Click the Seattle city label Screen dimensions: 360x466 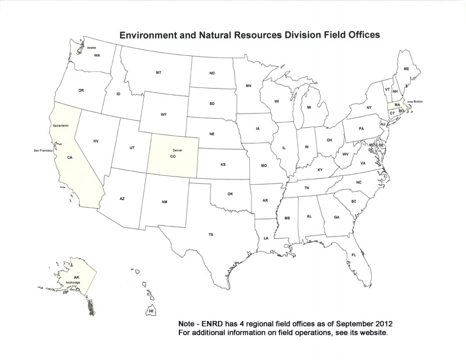tap(92, 48)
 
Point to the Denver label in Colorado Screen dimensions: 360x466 tap(178, 150)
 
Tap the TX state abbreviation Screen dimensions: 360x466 tap(211, 234)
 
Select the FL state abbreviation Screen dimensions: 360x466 tap(354, 255)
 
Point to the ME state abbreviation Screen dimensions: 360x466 tap(407, 69)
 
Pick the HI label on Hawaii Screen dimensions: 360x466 tap(151, 312)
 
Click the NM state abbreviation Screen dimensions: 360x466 tap(164, 202)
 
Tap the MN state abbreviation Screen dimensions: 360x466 tap(249, 86)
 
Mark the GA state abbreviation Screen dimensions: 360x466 tap(337, 217)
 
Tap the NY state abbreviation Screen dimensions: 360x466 tap(369, 108)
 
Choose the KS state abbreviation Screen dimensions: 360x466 tap(223, 165)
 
